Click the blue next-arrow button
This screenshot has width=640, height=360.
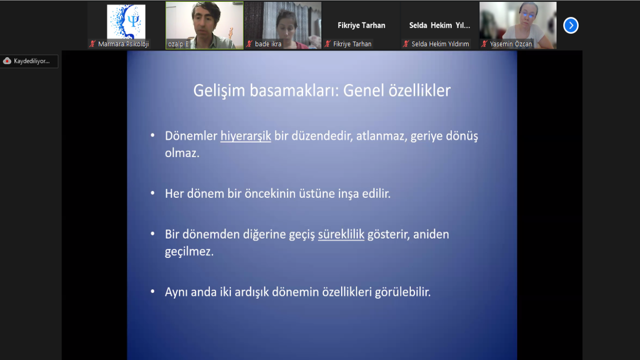[x=571, y=25]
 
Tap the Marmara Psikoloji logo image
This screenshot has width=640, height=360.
[x=126, y=22]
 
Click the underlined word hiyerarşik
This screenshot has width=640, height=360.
[x=246, y=136]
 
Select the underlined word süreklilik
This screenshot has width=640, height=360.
[x=341, y=234]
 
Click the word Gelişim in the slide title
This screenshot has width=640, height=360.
[x=219, y=91]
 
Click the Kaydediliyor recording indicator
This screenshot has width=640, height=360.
[x=29, y=61]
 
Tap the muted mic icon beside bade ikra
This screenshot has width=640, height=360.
[x=249, y=44]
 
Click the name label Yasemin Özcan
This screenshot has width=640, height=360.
[x=511, y=44]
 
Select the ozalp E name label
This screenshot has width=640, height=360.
[x=179, y=44]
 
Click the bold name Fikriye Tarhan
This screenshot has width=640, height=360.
[x=361, y=25]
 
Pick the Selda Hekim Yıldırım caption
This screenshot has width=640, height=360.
[x=440, y=44]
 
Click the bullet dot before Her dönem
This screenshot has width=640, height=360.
[x=153, y=193]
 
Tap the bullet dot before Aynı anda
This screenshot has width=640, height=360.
[x=153, y=292]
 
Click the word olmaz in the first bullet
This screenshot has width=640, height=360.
[x=182, y=153]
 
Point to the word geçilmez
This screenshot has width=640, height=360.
[x=189, y=252]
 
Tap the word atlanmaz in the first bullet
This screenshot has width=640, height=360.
[x=382, y=136]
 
